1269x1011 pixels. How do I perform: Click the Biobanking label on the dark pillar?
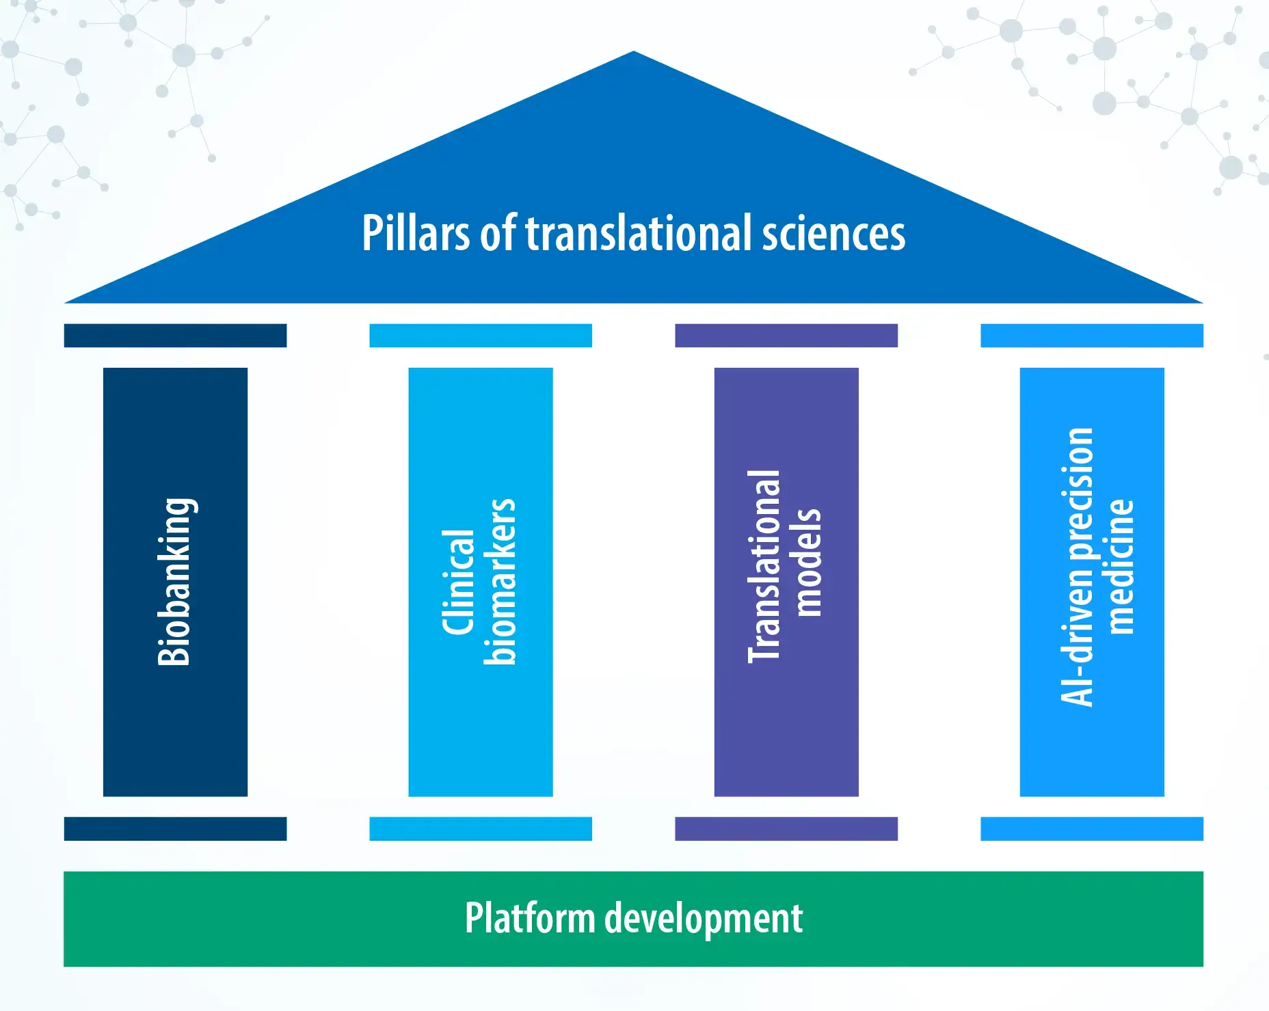click(174, 582)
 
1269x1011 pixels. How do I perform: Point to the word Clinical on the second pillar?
click(459, 582)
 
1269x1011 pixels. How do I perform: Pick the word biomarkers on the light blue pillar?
click(500, 582)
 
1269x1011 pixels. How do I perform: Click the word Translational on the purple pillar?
click(764, 566)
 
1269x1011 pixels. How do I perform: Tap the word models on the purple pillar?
click(807, 563)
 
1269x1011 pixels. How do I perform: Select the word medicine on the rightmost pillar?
click(1121, 566)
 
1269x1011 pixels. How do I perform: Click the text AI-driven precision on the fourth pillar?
click(1077, 566)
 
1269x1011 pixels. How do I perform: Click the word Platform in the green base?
click(530, 918)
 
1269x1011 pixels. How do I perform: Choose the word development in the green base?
click(704, 918)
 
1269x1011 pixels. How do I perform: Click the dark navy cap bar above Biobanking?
click(175, 336)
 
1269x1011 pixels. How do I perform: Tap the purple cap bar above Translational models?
click(786, 336)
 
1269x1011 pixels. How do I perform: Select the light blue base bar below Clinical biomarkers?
click(481, 828)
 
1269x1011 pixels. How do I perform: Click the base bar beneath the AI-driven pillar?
click(1092, 828)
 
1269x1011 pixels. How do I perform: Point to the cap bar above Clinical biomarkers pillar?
click(481, 336)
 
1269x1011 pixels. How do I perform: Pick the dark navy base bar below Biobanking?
click(175, 828)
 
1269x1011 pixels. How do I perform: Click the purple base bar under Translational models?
click(786, 828)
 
